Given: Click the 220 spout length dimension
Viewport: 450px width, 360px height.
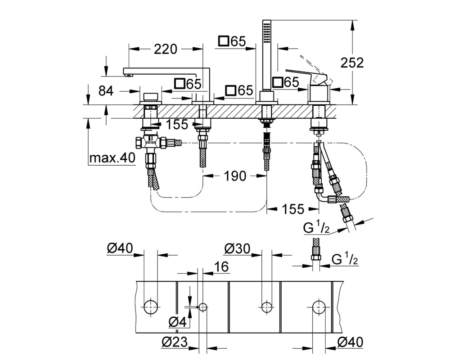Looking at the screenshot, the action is pos(166,49).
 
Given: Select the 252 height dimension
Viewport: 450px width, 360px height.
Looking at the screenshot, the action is pos(352,63).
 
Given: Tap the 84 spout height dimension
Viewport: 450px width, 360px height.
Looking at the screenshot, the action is pos(106,91).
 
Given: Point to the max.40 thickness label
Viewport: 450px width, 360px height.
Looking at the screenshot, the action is pos(112,158).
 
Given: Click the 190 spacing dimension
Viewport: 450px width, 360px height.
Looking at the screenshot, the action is pos(235,176).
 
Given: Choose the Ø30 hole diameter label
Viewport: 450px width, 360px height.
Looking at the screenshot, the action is pos(237,248).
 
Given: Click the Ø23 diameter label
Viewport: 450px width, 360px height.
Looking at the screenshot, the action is pos(174,342).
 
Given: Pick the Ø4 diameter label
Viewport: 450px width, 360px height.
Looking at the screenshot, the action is pos(177,322).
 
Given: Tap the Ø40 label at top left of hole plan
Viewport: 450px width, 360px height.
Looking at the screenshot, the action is pos(120,248).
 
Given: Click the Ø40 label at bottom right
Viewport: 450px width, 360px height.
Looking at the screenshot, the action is pos(350,342).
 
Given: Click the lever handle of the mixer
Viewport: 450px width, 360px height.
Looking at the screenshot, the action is pos(306,76).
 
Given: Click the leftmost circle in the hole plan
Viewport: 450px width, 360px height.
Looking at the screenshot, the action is pos(150,307).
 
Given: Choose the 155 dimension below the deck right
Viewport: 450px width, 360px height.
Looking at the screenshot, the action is pos(293,209).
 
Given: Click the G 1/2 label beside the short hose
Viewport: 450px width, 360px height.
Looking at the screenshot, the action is pos(345,259).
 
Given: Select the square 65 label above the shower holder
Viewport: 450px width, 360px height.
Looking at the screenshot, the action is pos(232,41).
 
